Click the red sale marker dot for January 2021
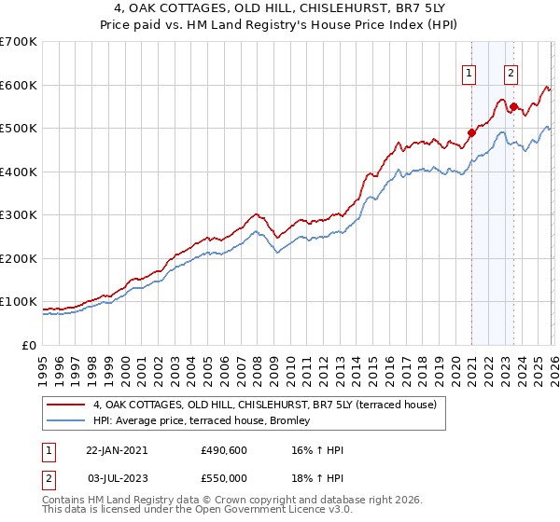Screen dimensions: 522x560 point(471,132)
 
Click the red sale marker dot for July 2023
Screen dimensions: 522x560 point(512,106)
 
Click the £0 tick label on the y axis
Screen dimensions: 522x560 point(29,345)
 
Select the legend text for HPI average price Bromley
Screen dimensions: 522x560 point(207,421)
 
